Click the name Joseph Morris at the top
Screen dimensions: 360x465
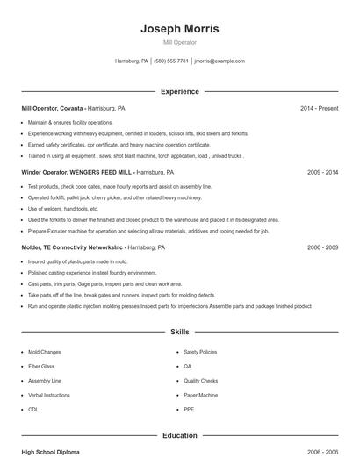point(180,28)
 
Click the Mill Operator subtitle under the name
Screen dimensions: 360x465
point(180,42)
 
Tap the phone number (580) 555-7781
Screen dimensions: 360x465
point(172,61)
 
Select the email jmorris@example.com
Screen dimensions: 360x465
point(220,61)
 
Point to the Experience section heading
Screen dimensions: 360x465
point(180,91)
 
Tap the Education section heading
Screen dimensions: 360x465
point(180,435)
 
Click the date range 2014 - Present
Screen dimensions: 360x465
point(319,108)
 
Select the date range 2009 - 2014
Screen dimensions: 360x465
point(322,173)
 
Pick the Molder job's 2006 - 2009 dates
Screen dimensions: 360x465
point(322,248)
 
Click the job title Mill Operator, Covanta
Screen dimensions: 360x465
point(53,108)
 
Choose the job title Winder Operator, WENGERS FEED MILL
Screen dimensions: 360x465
point(77,173)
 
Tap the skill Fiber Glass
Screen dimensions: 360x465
point(41,366)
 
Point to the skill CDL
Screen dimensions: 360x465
point(33,409)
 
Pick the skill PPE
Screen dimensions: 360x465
point(189,409)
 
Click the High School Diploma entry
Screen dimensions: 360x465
point(50,451)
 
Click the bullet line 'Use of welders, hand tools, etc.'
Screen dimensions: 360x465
point(63,209)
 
